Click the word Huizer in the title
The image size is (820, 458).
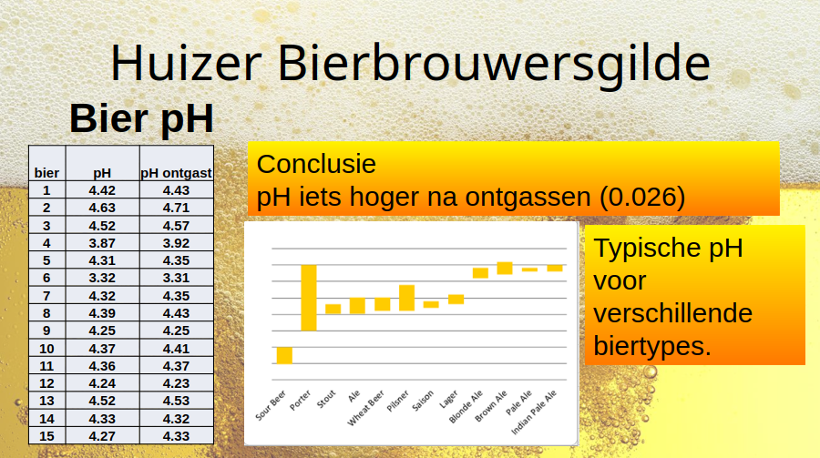pos(186,62)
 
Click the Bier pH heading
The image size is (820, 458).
pos(142,118)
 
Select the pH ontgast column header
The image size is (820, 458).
pos(176,172)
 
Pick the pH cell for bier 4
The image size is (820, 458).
pos(102,243)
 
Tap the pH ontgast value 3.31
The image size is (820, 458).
pos(176,278)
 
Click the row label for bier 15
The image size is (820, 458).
pos(46,436)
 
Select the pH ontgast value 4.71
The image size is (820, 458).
pos(176,208)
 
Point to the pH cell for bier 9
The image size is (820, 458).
pos(102,331)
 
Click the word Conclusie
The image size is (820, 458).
pos(316,164)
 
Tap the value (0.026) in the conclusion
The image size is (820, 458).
pos(642,197)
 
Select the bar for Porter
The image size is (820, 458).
pos(309,298)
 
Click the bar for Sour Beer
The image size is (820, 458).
pos(284,355)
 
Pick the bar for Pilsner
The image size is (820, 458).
pos(407,298)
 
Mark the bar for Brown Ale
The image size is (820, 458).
pos(505,269)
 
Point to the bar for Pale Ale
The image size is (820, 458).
pos(529,270)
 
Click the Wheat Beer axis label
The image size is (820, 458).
pos(366,407)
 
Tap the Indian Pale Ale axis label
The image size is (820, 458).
pos(533,412)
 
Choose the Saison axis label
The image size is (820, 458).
pos(423,401)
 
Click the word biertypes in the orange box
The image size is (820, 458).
pos(652,346)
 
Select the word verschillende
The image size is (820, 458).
pos(673,313)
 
